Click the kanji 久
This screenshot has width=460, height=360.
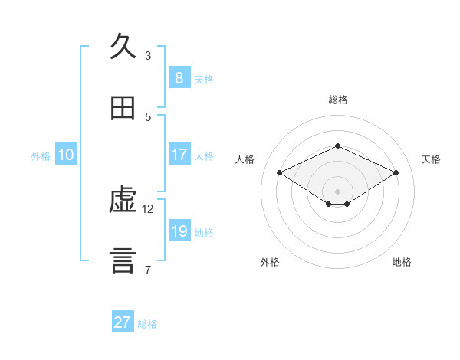point(123,46)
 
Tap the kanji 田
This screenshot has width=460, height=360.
point(123,108)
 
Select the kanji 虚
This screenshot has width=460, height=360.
point(123,201)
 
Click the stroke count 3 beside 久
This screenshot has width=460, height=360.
point(148,55)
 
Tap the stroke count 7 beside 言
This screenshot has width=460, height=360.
point(148,270)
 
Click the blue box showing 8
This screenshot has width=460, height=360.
point(179,77)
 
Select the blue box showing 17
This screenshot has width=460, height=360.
point(179,155)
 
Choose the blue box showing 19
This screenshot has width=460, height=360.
point(179,231)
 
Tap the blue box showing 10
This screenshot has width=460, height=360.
point(66,155)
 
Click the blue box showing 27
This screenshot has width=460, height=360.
point(122,322)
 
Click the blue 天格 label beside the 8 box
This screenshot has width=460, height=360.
point(204,79)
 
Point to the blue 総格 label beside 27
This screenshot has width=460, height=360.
point(147,324)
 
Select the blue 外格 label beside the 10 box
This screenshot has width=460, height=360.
point(41,156)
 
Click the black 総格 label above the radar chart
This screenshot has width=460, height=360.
point(337,100)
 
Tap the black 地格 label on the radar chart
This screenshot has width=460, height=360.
point(402,262)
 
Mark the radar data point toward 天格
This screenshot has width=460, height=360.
point(396,173)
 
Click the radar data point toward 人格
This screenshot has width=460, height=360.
point(280,173)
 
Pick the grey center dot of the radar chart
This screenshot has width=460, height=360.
point(337,191)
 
